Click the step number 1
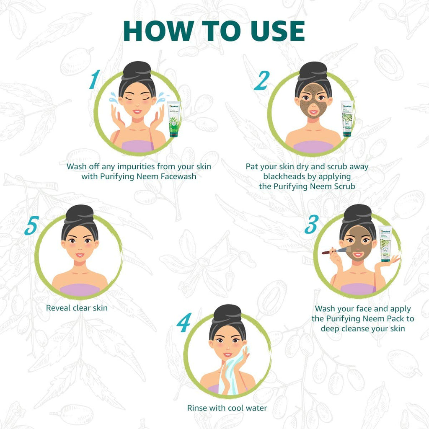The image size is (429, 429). pos(95,79)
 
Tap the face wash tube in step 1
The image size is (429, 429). pos(173,119)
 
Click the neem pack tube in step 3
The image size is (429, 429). pos(385,244)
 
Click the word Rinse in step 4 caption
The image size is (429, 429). pos(197,408)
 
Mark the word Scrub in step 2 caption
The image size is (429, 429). pos(344,186)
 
